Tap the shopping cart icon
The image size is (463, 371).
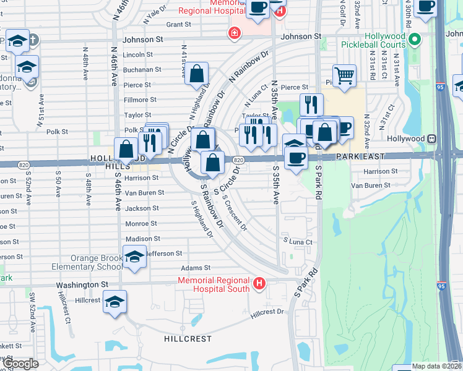(x=345, y=76)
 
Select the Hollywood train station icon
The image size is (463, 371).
(x=432, y=139)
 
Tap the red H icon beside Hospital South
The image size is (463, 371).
(x=259, y=284)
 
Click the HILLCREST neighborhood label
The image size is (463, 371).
(x=184, y=339)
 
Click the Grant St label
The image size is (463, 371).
(x=178, y=25)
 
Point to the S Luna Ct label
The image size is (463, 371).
(x=298, y=241)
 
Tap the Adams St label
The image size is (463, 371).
(x=196, y=268)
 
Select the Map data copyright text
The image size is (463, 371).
(x=436, y=366)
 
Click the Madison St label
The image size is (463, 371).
(x=143, y=238)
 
